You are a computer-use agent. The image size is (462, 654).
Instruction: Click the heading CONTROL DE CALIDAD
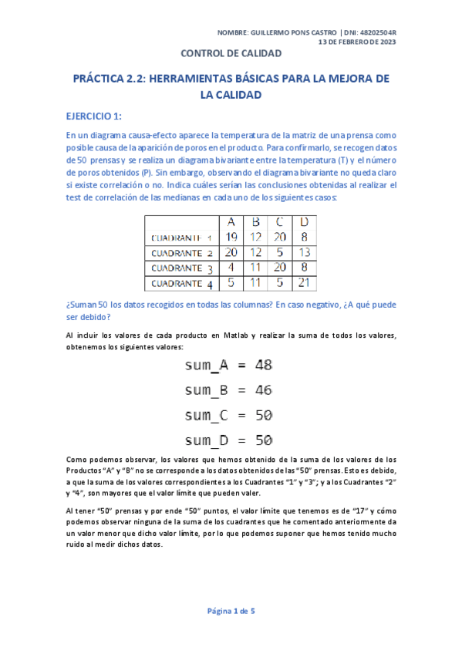(x=231, y=53)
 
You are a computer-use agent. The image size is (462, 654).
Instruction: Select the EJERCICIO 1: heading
(x=94, y=116)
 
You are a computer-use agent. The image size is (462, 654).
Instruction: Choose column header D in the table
(x=303, y=222)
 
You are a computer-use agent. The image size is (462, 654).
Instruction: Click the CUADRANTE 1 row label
(x=183, y=238)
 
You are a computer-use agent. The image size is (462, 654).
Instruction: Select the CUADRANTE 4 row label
(x=183, y=283)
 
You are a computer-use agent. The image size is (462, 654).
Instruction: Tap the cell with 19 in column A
(x=231, y=237)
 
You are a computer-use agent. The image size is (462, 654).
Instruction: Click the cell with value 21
(x=303, y=283)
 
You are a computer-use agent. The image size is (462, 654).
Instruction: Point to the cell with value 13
(x=303, y=252)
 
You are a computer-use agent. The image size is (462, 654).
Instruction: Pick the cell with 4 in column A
(x=231, y=268)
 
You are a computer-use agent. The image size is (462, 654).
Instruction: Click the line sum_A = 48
(x=229, y=365)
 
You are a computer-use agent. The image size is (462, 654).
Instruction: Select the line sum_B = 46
(x=229, y=390)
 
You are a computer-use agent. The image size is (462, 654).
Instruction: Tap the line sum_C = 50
(x=229, y=415)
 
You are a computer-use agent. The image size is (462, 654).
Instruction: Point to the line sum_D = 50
(x=229, y=440)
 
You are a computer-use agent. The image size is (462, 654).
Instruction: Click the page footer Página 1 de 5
(x=231, y=611)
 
